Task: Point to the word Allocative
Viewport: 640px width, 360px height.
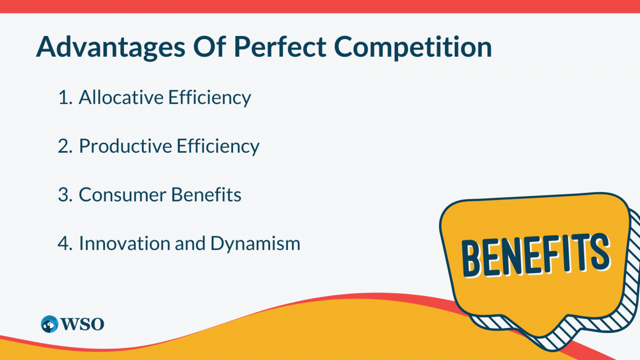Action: click(120, 97)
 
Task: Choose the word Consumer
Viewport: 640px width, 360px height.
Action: click(122, 195)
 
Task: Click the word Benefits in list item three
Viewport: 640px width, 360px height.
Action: click(206, 195)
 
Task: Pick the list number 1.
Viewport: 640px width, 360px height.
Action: click(65, 97)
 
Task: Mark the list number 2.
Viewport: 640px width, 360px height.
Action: click(65, 146)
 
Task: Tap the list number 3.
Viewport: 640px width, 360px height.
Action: click(65, 195)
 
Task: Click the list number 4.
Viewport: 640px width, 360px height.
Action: click(65, 244)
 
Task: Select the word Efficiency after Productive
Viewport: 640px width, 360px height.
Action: click(218, 146)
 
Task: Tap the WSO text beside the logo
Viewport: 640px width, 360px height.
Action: click(82, 324)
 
